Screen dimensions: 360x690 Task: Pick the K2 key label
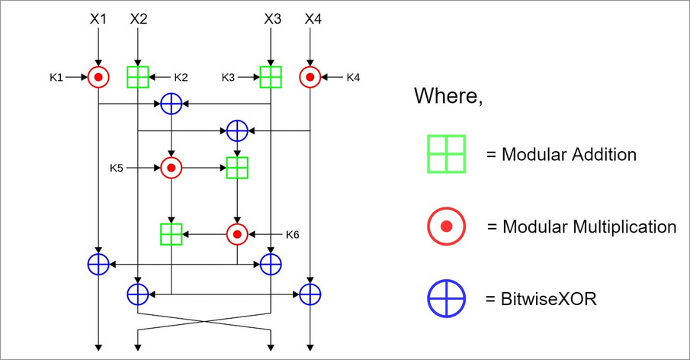[x=181, y=77]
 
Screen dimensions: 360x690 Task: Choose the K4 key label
[x=355, y=77]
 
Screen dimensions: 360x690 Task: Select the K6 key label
[x=292, y=233]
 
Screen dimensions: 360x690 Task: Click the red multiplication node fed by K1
[x=98, y=77]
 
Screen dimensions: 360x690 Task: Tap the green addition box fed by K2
[x=137, y=77]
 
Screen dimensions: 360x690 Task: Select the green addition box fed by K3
[x=271, y=77]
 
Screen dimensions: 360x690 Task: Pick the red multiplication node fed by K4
[x=310, y=77]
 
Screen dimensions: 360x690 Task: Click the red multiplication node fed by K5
[x=172, y=167]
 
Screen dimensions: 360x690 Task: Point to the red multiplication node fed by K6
[x=238, y=233]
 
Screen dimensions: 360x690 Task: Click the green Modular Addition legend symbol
[x=446, y=155]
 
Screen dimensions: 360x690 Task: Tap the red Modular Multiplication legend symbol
[x=446, y=227]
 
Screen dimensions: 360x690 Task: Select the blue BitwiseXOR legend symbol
[x=446, y=298]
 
